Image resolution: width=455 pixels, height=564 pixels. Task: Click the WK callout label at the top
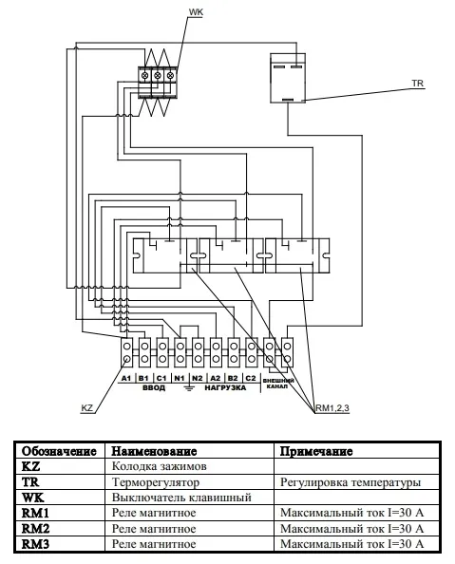click(x=196, y=12)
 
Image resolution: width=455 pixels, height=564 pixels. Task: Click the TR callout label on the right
click(x=418, y=84)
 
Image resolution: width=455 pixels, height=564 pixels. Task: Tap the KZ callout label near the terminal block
click(x=87, y=408)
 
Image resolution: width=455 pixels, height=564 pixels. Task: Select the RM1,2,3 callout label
click(x=332, y=408)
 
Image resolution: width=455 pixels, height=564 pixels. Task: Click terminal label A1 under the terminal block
click(x=126, y=378)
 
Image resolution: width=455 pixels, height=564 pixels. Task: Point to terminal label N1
click(x=180, y=378)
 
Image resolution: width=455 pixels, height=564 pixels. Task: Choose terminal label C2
click(x=251, y=378)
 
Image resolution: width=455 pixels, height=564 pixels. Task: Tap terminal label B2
click(x=233, y=378)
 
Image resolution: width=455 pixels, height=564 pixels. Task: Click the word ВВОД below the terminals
click(x=154, y=387)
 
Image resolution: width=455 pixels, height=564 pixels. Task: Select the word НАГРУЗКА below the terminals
click(x=225, y=387)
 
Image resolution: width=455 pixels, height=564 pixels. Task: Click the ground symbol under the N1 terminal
click(x=189, y=387)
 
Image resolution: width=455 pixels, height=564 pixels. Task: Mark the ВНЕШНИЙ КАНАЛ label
click(x=278, y=384)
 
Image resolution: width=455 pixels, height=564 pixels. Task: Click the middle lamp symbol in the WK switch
click(x=158, y=76)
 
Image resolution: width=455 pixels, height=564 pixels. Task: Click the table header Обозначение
click(x=60, y=451)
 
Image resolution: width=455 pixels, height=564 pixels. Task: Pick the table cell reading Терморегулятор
click(x=156, y=482)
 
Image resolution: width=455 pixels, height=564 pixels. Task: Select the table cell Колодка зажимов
click(x=159, y=466)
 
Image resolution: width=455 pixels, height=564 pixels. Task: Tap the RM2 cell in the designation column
click(x=35, y=528)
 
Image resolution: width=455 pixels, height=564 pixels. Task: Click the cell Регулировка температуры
click(x=351, y=482)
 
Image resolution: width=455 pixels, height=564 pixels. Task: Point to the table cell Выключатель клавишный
click(x=181, y=498)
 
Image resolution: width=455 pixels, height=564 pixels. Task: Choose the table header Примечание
click(x=316, y=451)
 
